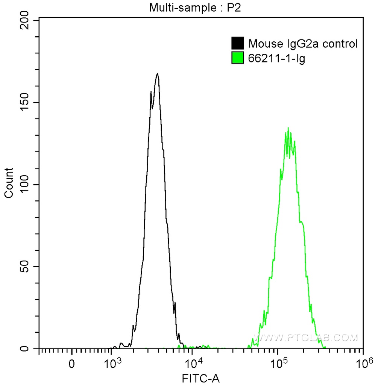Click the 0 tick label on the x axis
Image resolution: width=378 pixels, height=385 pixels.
point(71,364)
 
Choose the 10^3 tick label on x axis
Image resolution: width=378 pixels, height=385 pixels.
point(111,363)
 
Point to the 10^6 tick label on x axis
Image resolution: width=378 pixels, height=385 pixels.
point(362,363)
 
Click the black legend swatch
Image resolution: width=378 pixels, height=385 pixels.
point(238,44)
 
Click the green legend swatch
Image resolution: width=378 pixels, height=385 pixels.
point(238,58)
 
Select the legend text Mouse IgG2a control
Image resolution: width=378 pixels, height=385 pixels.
point(302,44)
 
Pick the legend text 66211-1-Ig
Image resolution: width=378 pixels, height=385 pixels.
point(276,58)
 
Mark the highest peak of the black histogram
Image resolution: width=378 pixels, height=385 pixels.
point(157,73)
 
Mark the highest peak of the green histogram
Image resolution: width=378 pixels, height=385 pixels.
point(288,128)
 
